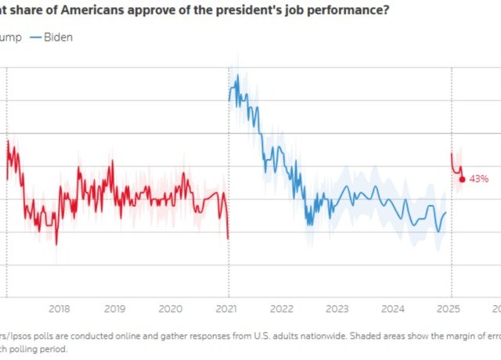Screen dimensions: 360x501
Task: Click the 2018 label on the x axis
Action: click(x=59, y=308)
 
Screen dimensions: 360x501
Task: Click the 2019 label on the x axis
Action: click(x=115, y=308)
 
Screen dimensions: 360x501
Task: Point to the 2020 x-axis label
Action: click(x=171, y=308)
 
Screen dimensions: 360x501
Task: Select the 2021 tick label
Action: click(x=227, y=308)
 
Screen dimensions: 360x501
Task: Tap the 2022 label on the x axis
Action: click(x=282, y=308)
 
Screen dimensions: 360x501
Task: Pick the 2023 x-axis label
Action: click(x=337, y=308)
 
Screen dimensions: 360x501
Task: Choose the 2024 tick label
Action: click(x=394, y=308)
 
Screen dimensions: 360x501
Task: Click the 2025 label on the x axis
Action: click(x=449, y=308)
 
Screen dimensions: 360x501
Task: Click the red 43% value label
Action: click(x=479, y=179)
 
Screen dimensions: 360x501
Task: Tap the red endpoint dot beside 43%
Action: click(x=462, y=179)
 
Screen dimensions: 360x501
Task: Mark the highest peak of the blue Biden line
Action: click(x=237, y=76)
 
